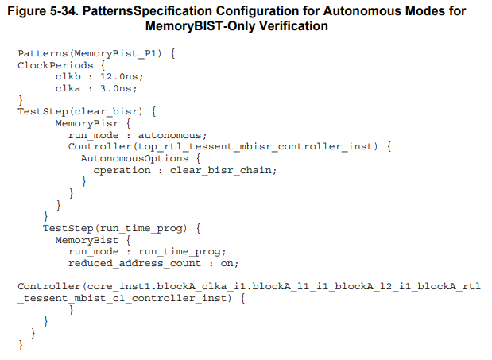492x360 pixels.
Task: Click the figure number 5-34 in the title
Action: tap(83, 11)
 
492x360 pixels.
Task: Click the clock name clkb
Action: tap(68, 77)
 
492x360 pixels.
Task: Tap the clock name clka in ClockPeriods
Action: tap(68, 88)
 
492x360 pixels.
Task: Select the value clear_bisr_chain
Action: tap(223, 170)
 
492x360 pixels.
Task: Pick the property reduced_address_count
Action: tap(134, 264)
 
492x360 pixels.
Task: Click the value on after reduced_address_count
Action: tap(226, 264)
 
